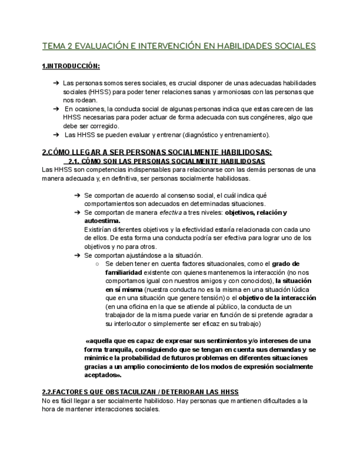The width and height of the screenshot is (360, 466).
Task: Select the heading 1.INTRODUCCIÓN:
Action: click(x=71, y=66)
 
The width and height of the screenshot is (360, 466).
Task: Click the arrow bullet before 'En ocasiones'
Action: click(x=56, y=109)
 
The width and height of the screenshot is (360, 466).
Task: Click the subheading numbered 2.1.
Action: click(x=165, y=161)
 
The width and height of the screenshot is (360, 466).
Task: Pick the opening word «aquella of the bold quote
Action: click(x=102, y=341)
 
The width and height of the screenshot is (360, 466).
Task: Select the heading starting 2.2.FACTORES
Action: click(x=140, y=392)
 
